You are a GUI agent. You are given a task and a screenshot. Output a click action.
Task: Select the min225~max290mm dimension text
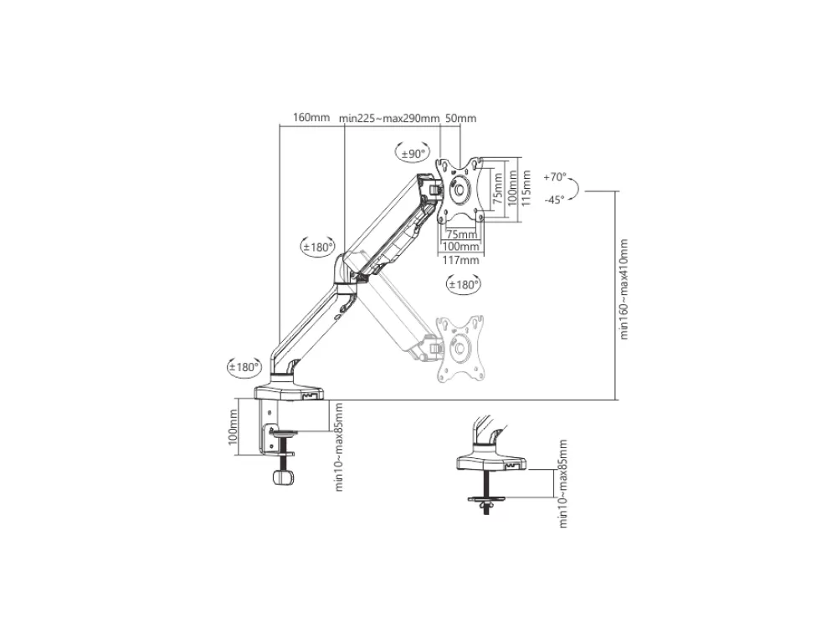(x=389, y=118)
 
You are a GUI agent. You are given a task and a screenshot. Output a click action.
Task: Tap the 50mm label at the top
(x=460, y=118)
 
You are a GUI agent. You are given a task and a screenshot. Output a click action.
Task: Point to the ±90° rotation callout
(x=413, y=153)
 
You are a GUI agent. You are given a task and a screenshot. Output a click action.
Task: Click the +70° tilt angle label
(x=555, y=177)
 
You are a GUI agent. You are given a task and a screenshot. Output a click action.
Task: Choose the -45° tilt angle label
(x=555, y=200)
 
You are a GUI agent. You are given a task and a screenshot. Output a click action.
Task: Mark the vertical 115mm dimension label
(x=526, y=189)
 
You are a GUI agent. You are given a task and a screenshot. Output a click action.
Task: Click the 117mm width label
(x=461, y=261)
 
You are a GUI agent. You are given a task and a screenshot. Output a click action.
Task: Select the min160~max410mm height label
(x=624, y=289)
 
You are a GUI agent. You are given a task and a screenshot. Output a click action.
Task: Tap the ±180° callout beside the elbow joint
(x=317, y=247)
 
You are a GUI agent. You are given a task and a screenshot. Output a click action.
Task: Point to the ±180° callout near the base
(x=244, y=367)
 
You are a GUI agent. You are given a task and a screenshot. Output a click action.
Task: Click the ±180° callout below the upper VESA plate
(x=464, y=284)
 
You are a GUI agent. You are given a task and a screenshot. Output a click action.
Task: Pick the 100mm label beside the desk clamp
(x=232, y=427)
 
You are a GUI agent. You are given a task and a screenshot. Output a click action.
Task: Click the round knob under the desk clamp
(x=284, y=477)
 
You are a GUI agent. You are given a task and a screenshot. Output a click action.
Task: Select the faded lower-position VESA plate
(x=461, y=349)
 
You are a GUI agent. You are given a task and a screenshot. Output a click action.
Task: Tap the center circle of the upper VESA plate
(x=458, y=189)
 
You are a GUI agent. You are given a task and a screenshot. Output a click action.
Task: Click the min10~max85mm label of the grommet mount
(x=562, y=484)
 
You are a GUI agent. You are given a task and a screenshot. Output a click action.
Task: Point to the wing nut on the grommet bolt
(x=485, y=503)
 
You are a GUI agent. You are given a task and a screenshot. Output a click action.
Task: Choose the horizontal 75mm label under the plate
(x=462, y=235)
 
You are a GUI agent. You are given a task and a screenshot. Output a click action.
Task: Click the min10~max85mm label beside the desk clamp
(x=338, y=446)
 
